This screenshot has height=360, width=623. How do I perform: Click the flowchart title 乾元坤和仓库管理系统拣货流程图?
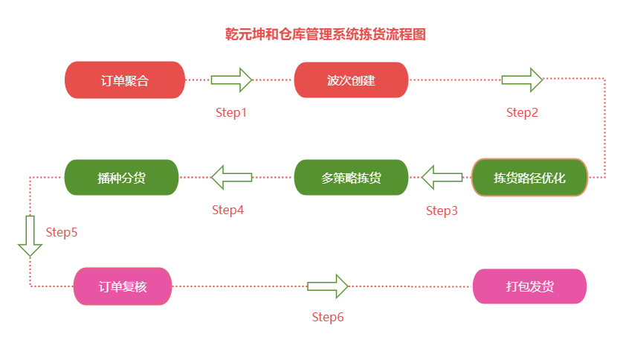click(325, 34)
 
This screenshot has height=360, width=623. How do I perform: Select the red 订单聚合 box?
click(125, 80)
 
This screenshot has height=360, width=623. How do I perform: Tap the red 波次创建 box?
click(351, 80)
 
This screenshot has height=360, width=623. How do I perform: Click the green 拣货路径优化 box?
click(529, 178)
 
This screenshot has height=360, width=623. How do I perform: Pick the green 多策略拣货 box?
click(351, 178)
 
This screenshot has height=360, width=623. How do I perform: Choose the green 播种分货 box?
click(121, 178)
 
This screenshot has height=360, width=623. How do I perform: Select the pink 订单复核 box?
click(123, 286)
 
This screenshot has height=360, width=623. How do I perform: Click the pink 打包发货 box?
click(529, 286)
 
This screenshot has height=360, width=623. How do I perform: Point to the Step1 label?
click(230, 112)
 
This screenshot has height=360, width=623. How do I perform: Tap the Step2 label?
click(522, 112)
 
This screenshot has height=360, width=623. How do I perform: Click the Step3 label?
click(442, 210)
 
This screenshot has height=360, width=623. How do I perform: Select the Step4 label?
click(227, 210)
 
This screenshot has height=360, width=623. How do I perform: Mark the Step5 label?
click(62, 232)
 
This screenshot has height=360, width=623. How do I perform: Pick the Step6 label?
click(328, 317)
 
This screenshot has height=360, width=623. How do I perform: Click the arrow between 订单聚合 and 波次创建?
click(232, 80)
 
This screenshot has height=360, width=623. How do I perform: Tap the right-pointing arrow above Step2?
click(522, 80)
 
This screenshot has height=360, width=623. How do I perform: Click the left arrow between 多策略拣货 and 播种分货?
click(231, 178)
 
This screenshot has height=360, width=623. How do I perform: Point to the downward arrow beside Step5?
click(30, 236)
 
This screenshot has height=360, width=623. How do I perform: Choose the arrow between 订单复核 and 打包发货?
click(328, 286)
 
